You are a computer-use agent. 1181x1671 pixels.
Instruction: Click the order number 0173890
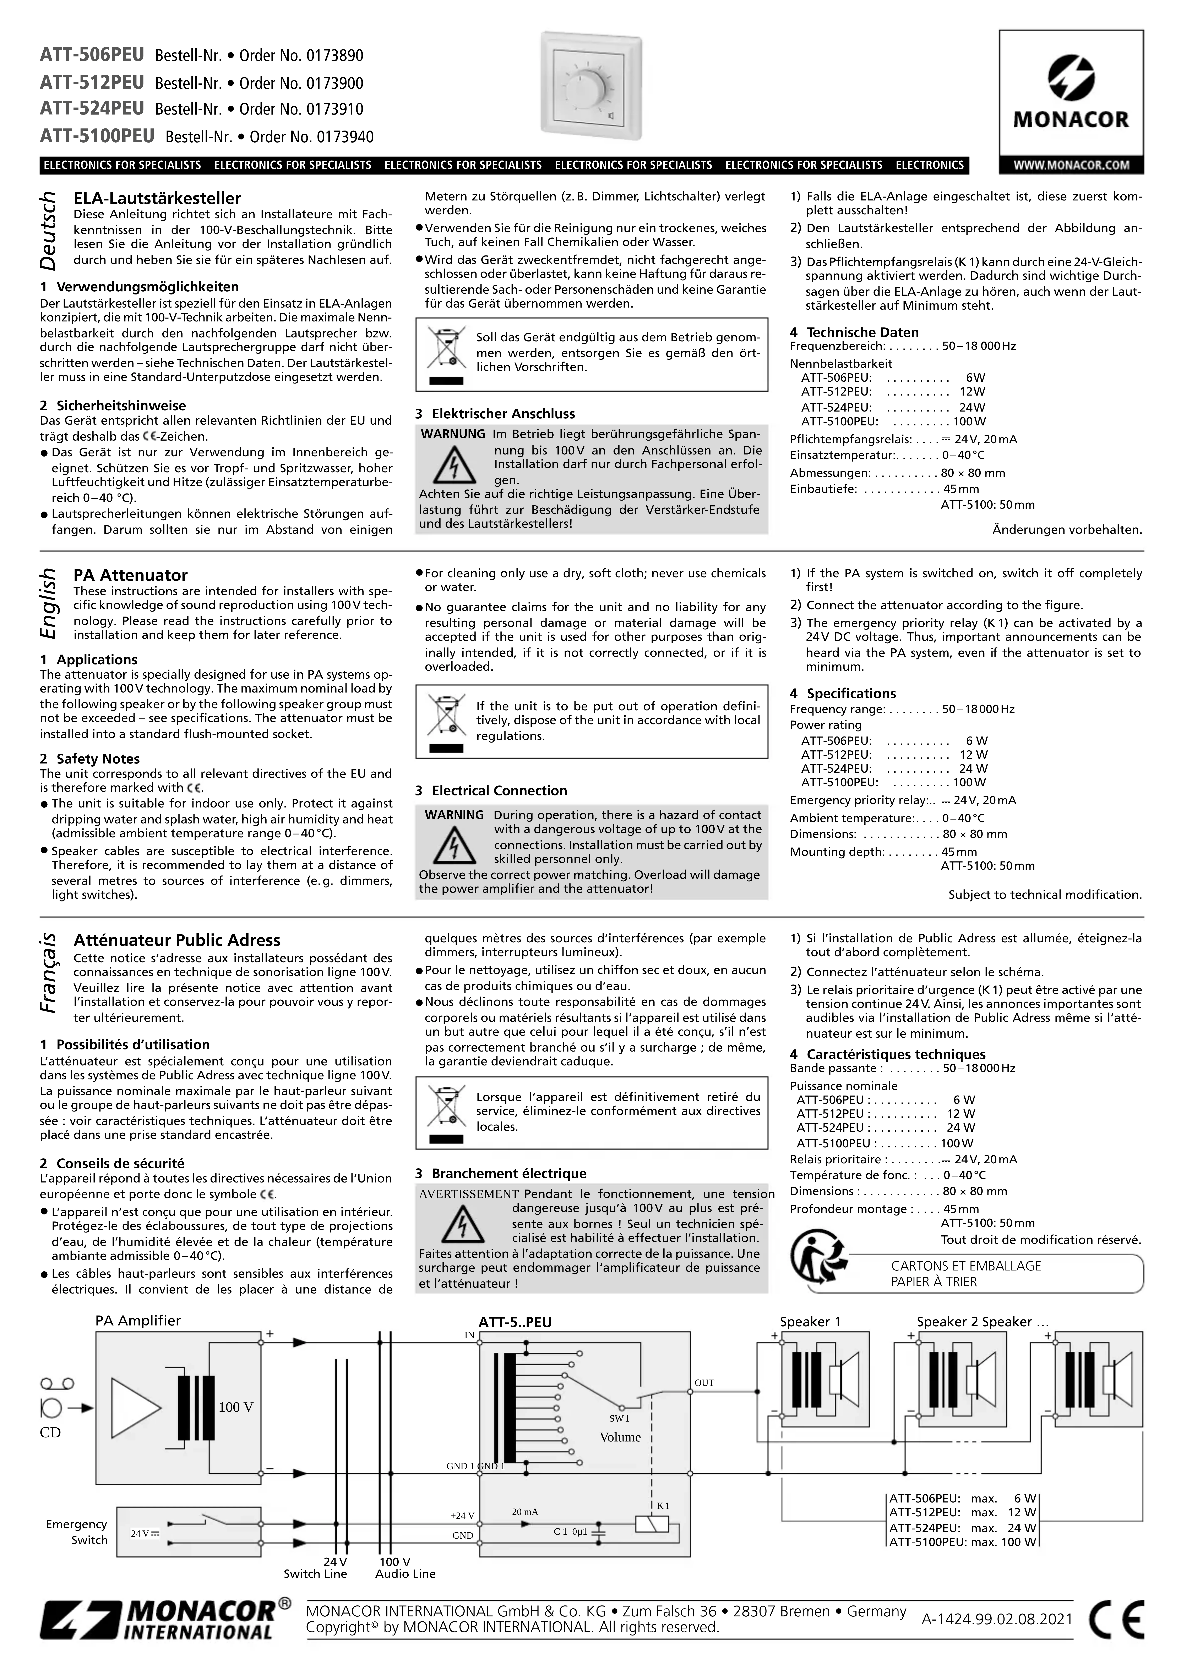pyautogui.click(x=334, y=56)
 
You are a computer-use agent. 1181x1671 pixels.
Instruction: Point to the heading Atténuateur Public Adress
pyautogui.click(x=177, y=940)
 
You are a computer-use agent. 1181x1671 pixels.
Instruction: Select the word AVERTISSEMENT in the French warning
pyautogui.click(x=468, y=1194)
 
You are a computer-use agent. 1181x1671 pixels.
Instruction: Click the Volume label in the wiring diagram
pyautogui.click(x=620, y=1437)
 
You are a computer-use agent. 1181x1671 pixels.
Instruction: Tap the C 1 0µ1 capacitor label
pyautogui.click(x=570, y=1531)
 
